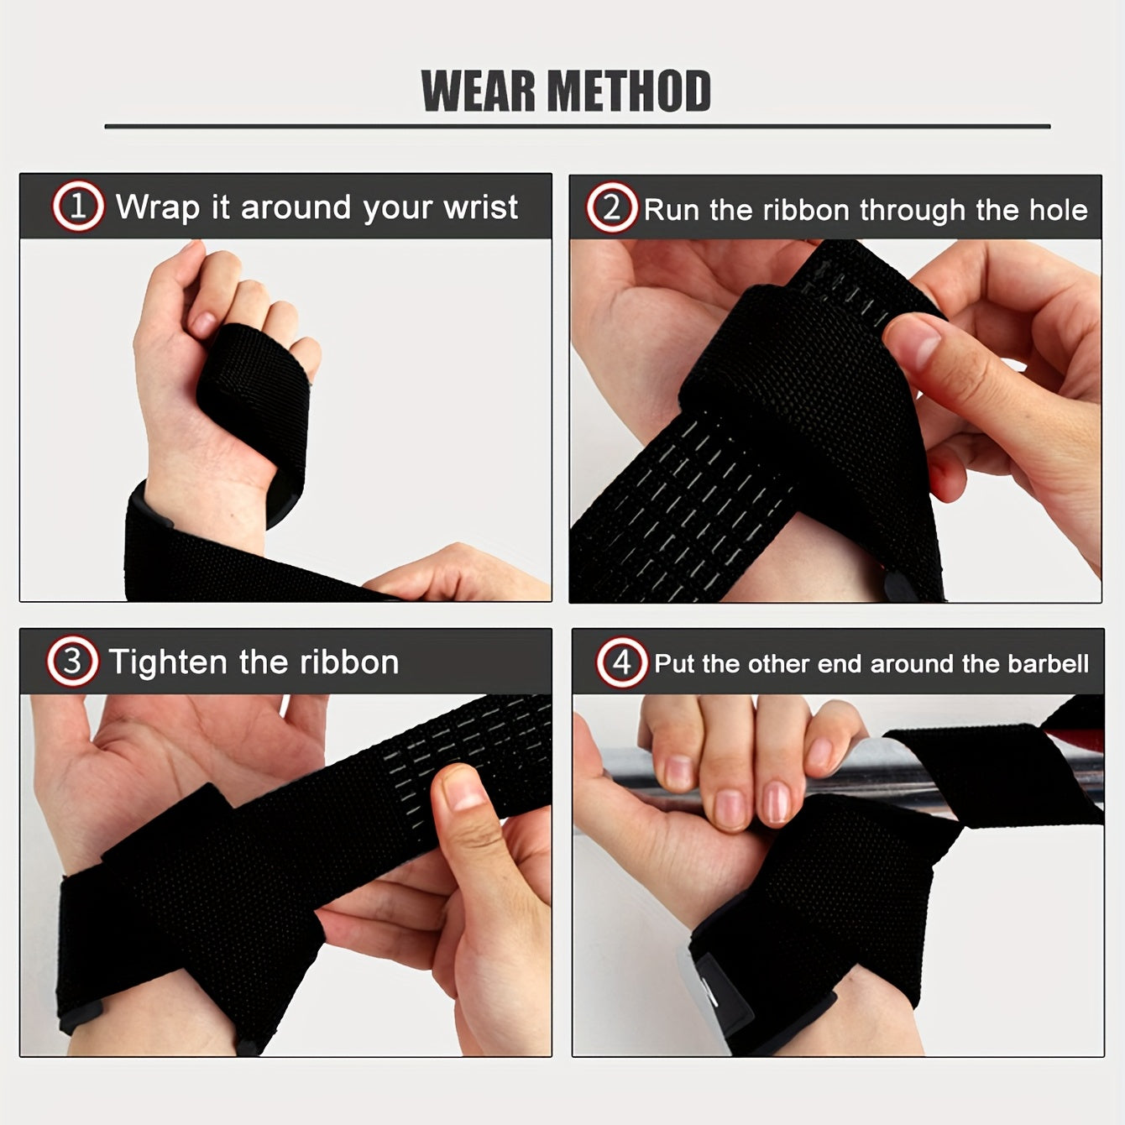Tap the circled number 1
[x=78, y=207]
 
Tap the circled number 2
[x=611, y=208]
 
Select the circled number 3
[x=72, y=662]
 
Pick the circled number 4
[x=621, y=663]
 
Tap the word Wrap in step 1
[x=157, y=208]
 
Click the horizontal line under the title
[x=578, y=127]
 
